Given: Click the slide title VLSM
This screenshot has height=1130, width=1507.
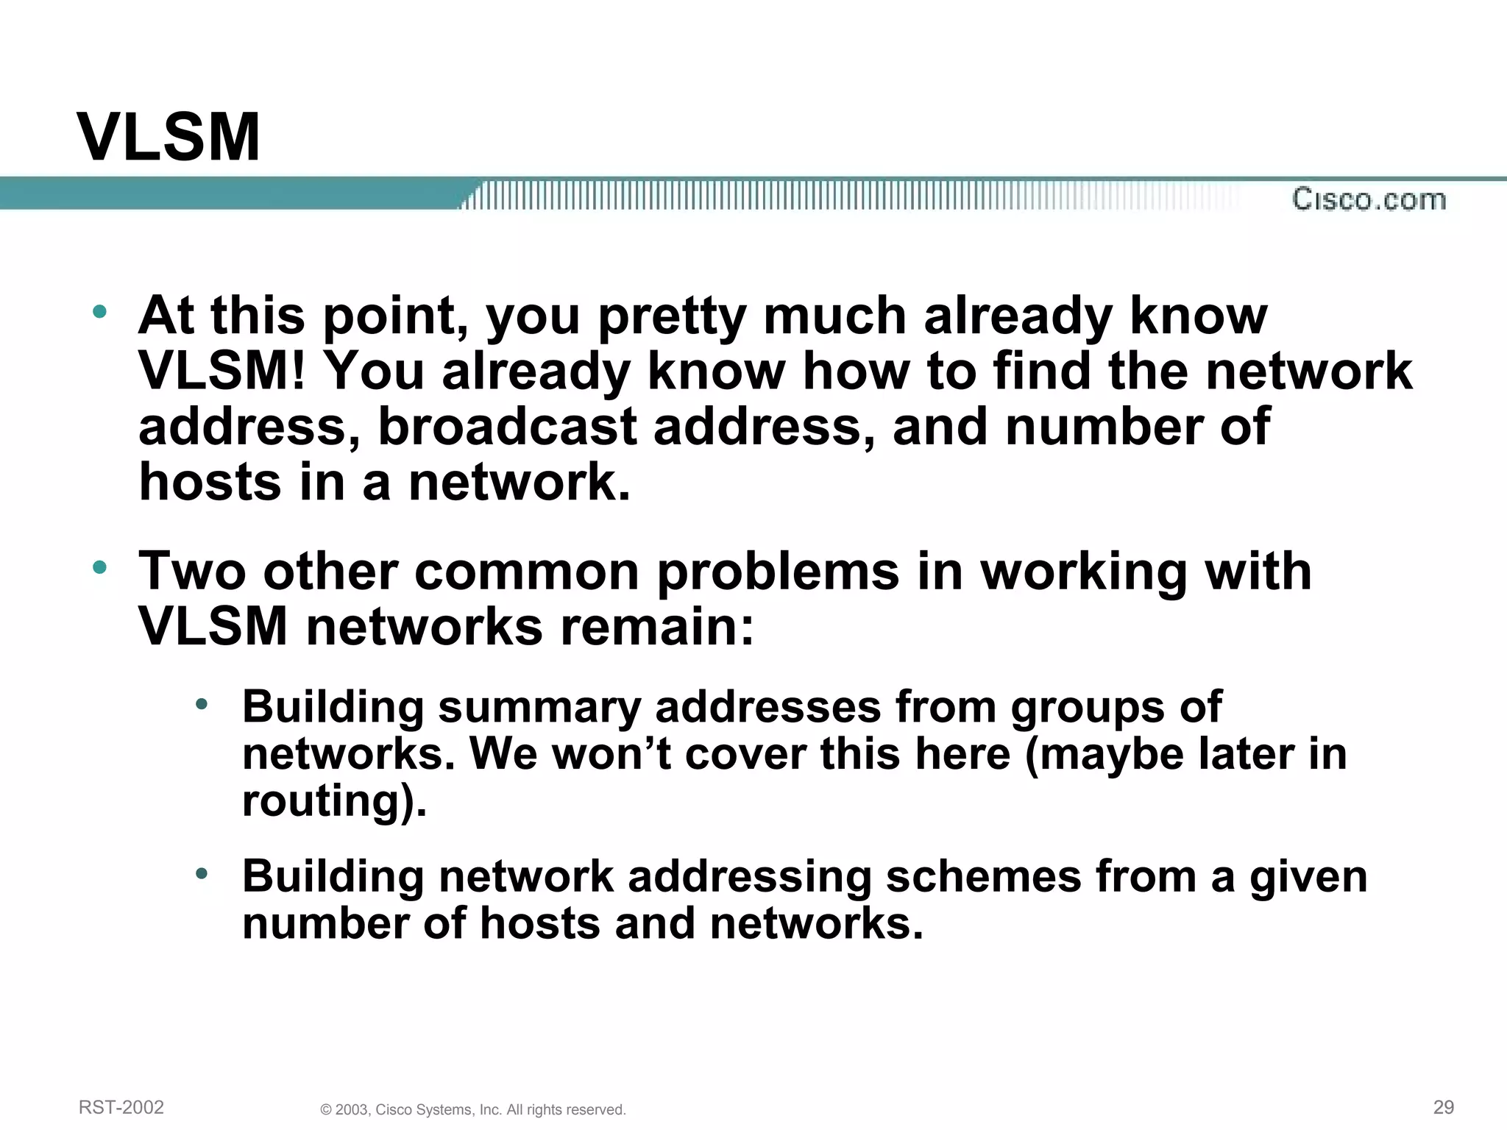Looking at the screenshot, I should coord(169,138).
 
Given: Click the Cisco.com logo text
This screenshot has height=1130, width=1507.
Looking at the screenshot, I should coord(1369,200).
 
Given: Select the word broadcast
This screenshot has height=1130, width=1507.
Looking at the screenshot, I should coord(506,427).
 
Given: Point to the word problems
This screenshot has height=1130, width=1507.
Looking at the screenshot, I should coord(778,572).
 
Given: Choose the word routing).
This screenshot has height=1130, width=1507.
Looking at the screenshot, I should coord(334,802).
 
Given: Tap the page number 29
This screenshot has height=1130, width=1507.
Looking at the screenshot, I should coord(1444,1107).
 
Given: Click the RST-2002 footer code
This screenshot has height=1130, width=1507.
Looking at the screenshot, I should coord(121,1107).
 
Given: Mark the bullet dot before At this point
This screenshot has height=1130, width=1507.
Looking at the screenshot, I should coord(100,312).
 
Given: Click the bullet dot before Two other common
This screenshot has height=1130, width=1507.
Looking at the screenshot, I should coord(100,567).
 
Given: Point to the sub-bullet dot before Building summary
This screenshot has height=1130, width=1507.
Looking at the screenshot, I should coord(202,705).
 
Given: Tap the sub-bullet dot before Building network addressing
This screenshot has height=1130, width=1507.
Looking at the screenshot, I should coord(202,874).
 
